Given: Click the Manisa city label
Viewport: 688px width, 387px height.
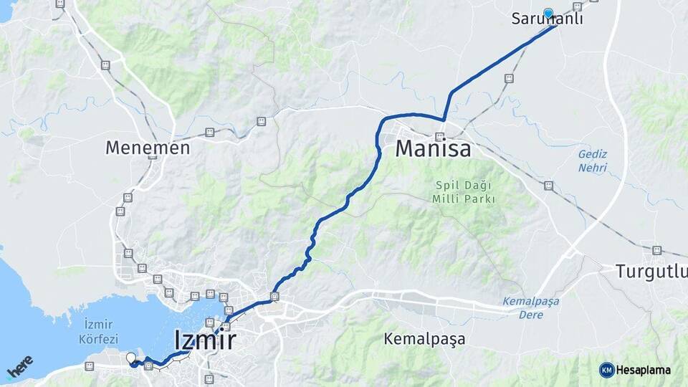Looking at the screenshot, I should pyautogui.click(x=434, y=149).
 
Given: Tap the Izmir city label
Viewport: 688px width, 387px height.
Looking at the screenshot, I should pyautogui.click(x=205, y=339).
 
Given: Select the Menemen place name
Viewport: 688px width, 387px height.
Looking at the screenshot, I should pyautogui.click(x=148, y=148).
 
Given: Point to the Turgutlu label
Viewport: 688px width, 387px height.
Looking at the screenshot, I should pyautogui.click(x=651, y=272).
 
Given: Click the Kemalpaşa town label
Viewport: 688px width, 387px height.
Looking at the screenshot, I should pyautogui.click(x=424, y=338).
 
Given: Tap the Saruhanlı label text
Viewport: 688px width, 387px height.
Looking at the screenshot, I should pyautogui.click(x=547, y=20).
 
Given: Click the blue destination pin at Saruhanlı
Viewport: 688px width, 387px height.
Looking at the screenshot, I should pyautogui.click(x=549, y=13).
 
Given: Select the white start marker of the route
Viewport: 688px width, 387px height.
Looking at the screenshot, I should pyautogui.click(x=130, y=358).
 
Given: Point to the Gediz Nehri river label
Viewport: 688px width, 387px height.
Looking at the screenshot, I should pyautogui.click(x=593, y=161).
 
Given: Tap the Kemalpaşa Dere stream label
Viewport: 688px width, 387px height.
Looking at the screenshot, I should pyautogui.click(x=531, y=308).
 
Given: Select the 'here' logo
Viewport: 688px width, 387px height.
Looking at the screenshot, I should pyautogui.click(x=19, y=366).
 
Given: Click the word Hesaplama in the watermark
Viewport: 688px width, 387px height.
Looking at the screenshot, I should pyautogui.click(x=644, y=370).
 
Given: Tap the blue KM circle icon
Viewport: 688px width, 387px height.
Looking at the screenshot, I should pyautogui.click(x=607, y=370).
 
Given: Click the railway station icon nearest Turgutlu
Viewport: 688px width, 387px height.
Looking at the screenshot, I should pyautogui.click(x=657, y=250).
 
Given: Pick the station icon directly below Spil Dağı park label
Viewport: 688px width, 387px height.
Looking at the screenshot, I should pyautogui.click(x=548, y=186).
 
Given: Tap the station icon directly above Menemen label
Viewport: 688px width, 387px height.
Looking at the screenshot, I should pyautogui.click(x=105, y=65).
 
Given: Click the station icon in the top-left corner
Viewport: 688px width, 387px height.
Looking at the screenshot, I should pyautogui.click(x=59, y=4).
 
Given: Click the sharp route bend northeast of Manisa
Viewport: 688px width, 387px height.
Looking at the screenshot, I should pyautogui.click(x=444, y=119).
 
